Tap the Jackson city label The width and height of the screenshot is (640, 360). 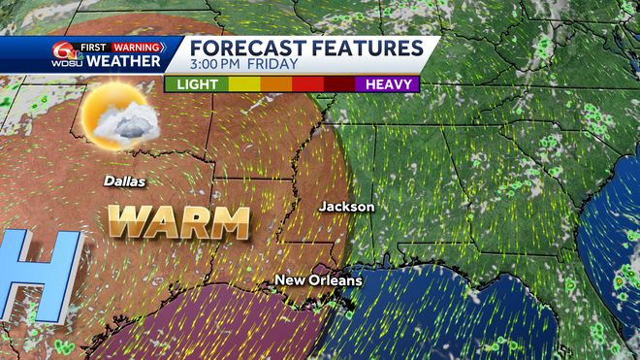pos(346,207)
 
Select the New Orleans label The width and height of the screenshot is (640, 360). pos(318,280)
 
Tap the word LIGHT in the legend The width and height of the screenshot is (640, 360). pos(196,84)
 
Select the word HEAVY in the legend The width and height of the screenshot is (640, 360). pos(388,84)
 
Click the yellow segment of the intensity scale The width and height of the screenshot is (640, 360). pos(242,84)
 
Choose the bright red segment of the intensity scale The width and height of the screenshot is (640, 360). pos(307,84)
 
